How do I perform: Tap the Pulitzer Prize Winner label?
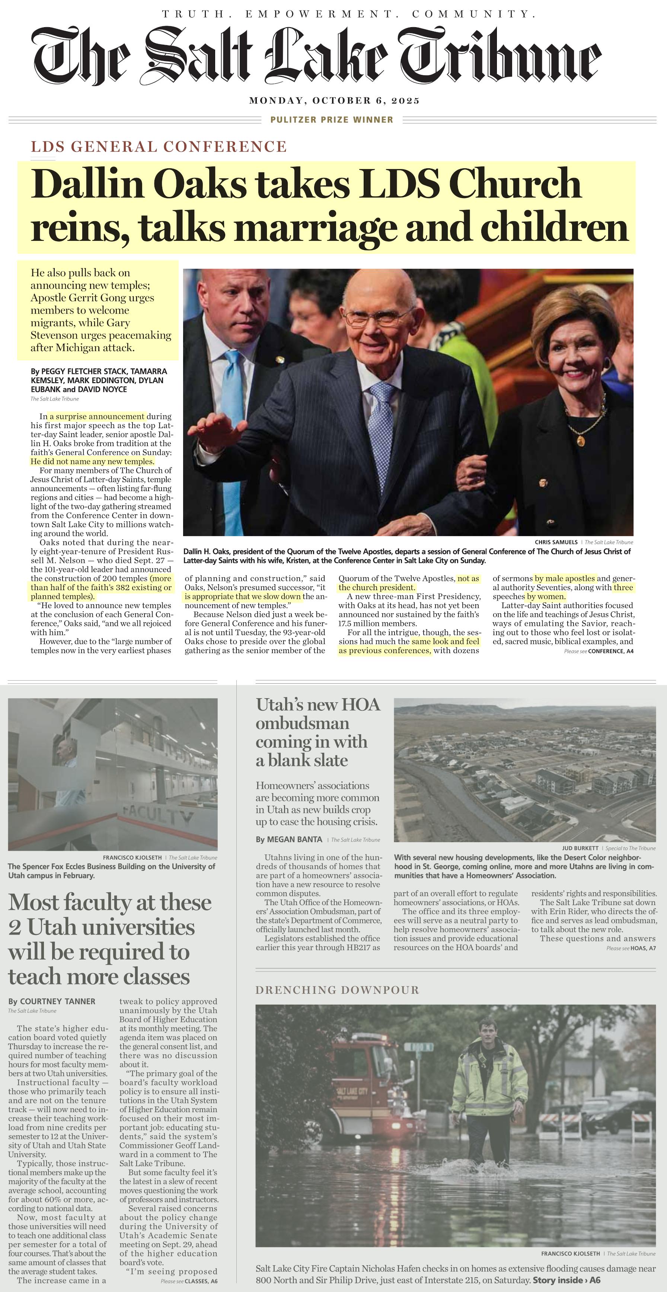332,120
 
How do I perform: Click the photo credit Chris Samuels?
556,542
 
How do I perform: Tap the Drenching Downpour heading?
337,990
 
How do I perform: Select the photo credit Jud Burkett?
580,848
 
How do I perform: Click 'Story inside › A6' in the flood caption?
566,1280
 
